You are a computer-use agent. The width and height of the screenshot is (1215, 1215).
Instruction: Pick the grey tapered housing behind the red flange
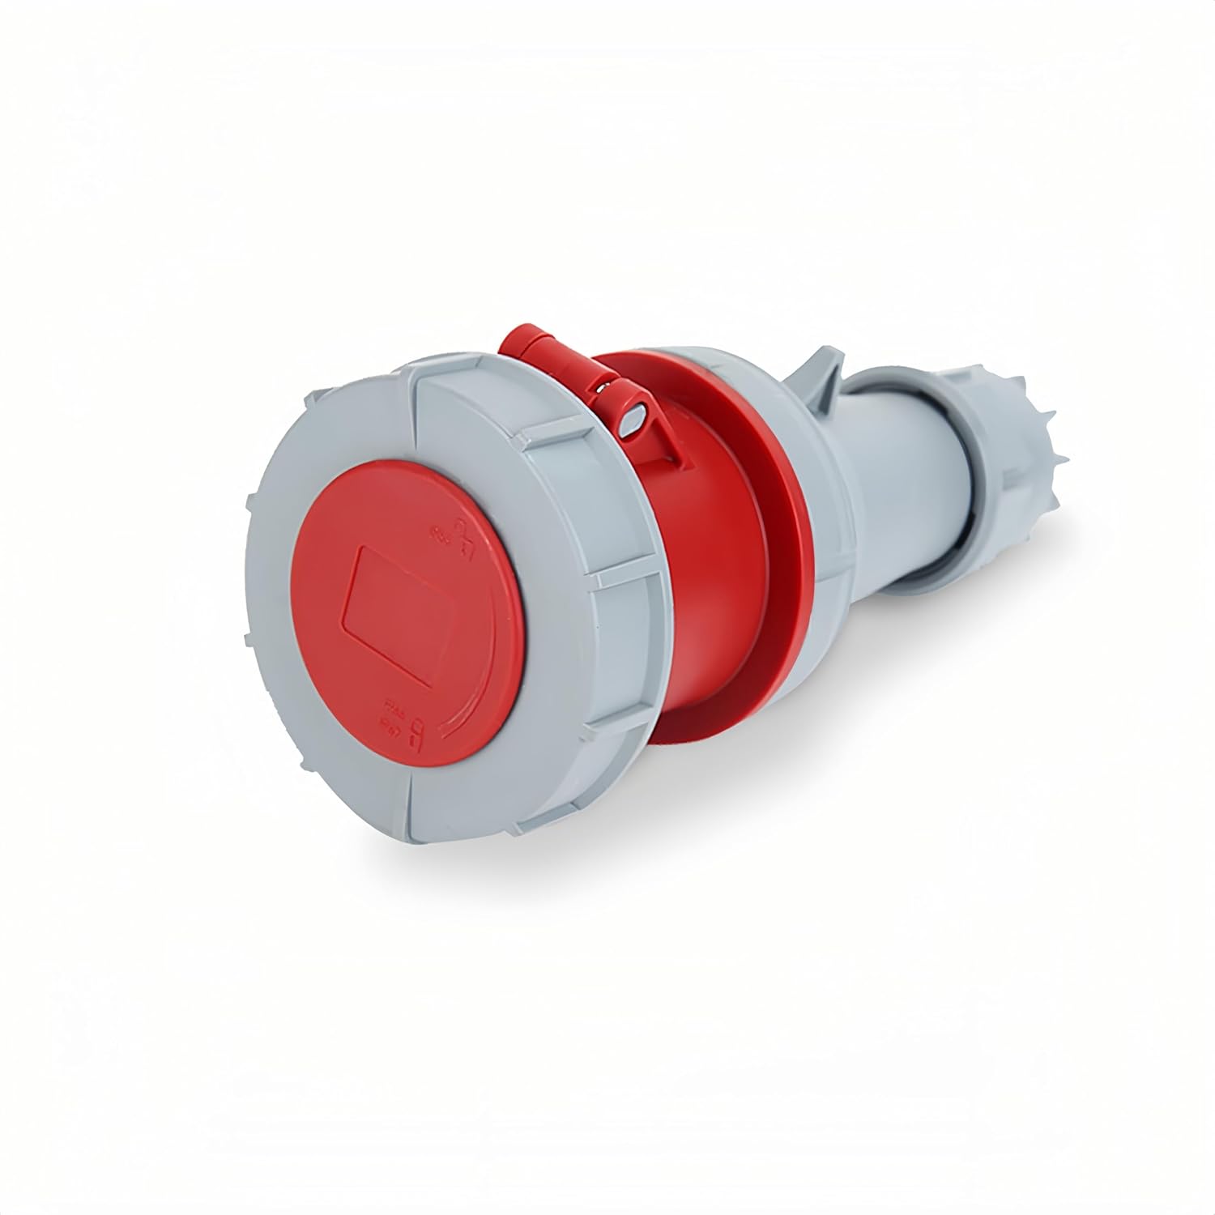pyautogui.click(x=818, y=486)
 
